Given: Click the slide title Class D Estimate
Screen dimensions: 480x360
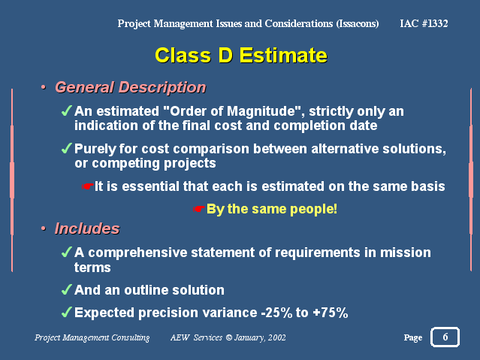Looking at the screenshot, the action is pyautogui.click(x=241, y=56).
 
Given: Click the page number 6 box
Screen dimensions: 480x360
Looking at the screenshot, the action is pyautogui.click(x=445, y=337).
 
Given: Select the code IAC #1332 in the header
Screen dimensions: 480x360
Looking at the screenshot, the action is pyautogui.click(x=424, y=23).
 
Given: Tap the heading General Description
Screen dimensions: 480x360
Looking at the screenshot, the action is pyautogui.click(x=131, y=87).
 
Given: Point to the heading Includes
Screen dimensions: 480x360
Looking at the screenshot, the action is pyautogui.click(x=87, y=228).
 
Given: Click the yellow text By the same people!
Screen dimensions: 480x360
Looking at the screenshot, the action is pyautogui.click(x=272, y=209).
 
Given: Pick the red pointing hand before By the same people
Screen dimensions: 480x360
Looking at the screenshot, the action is pyautogui.click(x=198, y=209).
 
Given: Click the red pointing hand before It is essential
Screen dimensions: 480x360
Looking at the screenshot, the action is pyautogui.click(x=87, y=186).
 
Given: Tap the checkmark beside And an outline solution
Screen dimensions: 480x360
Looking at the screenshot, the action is pyautogui.click(x=67, y=289).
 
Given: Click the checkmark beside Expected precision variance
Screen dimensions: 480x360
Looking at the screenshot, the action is pyautogui.click(x=67, y=312).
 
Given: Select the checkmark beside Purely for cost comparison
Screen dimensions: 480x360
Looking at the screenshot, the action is pyautogui.click(x=67, y=148).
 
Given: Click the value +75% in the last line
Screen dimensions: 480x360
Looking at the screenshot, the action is pyautogui.click(x=331, y=313).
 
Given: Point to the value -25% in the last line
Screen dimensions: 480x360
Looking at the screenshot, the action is pyautogui.click(x=276, y=313).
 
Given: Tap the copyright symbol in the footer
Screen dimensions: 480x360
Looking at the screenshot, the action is pyautogui.click(x=228, y=337).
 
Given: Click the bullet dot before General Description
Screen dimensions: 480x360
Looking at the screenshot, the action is pyautogui.click(x=44, y=88).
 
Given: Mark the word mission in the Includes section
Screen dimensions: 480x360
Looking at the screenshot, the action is pyautogui.click(x=406, y=253).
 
